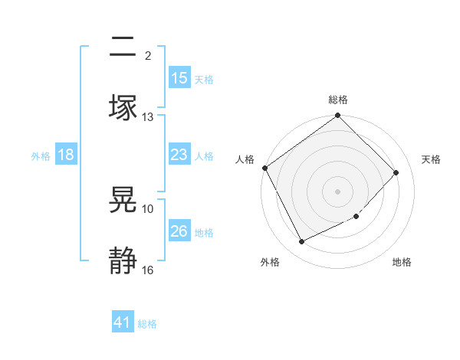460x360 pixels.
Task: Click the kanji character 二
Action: tap(123, 47)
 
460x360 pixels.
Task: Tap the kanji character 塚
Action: tap(123, 106)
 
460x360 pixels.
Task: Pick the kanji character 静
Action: tap(123, 260)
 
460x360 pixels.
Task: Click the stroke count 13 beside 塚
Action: tap(148, 117)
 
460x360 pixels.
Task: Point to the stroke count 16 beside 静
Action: tap(148, 270)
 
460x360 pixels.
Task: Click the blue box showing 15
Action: tap(179, 78)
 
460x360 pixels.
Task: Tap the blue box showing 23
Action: tap(179, 155)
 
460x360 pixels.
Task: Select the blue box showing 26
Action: tap(179, 231)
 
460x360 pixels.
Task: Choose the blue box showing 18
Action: tap(66, 155)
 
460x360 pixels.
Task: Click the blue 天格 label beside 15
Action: tap(204, 79)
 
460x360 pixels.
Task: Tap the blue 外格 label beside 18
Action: tap(41, 156)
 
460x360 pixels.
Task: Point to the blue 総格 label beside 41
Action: tap(147, 324)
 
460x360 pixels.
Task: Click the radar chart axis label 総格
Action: tap(338, 100)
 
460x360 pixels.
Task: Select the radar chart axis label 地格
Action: tap(402, 263)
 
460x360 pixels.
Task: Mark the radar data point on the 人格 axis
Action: tap(264, 168)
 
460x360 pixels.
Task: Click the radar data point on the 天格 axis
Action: tap(396, 172)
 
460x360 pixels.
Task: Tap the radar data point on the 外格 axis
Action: tap(301, 242)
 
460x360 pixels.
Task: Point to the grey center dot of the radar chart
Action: tap(338, 191)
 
